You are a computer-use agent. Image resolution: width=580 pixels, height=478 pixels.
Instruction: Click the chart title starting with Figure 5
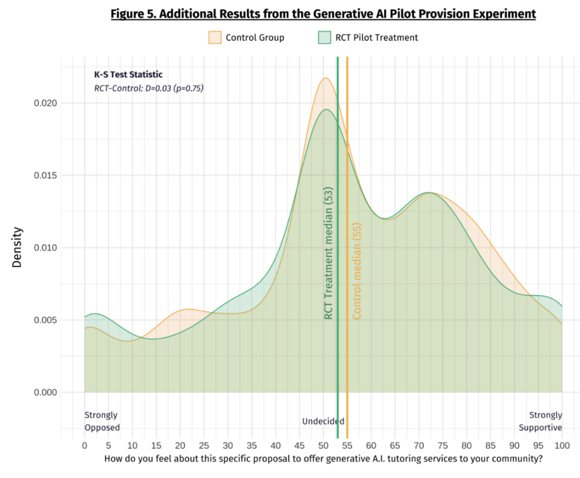point(323,14)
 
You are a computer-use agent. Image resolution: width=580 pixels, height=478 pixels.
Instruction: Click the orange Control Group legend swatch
point(215,38)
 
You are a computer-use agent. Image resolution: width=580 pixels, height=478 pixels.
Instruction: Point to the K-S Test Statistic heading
point(128,74)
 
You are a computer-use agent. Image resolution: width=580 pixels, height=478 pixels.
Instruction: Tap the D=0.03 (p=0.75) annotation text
point(149,88)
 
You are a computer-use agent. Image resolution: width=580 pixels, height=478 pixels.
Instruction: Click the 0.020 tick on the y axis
point(48,103)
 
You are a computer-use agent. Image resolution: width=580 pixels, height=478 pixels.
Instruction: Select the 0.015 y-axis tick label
point(48,176)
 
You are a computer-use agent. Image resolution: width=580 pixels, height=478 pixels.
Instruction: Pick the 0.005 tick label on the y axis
point(48,320)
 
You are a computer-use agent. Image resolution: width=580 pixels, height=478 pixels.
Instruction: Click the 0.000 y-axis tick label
point(48,392)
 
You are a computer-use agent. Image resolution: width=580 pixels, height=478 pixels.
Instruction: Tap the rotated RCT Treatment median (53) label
point(328,253)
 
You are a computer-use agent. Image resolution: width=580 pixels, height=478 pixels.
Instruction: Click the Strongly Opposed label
point(102,421)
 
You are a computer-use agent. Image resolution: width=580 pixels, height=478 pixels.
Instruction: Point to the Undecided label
point(323,421)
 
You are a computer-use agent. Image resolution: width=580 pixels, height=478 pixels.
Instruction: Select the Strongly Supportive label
point(541,421)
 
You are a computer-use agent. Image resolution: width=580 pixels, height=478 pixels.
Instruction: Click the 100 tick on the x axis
point(562,446)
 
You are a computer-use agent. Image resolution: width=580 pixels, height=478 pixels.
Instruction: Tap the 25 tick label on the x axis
point(204,446)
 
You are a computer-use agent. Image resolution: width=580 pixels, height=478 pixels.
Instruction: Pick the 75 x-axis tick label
point(443,446)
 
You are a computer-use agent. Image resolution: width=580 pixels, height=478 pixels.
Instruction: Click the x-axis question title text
point(323,459)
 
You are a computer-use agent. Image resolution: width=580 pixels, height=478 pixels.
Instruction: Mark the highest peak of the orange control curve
point(326,78)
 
